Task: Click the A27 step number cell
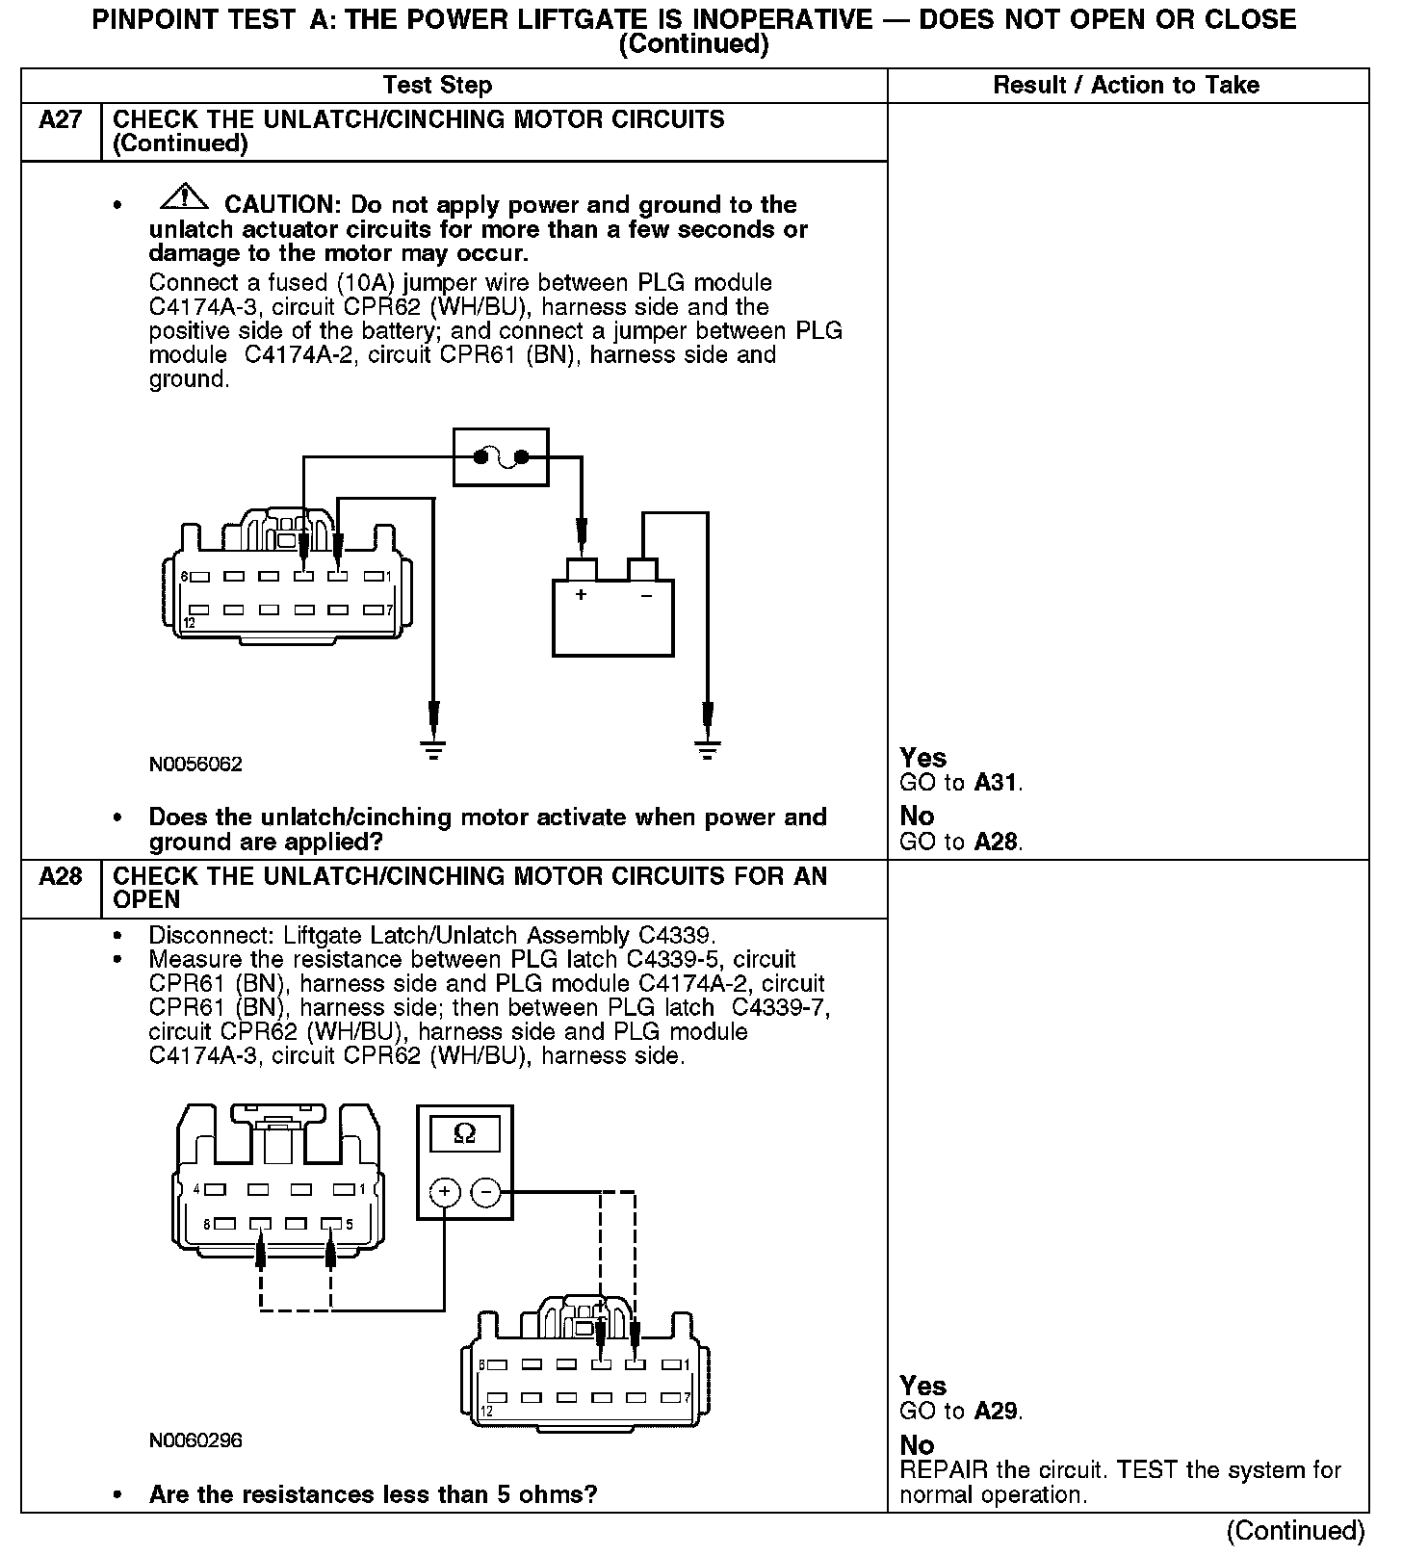click(60, 120)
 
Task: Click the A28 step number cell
click(60, 877)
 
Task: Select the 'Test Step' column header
click(437, 85)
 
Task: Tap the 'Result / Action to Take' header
click(1126, 85)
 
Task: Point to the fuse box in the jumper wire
click(501, 457)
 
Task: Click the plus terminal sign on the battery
click(581, 595)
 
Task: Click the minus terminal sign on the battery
click(646, 595)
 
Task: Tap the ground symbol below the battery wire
click(708, 750)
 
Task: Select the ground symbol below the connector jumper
click(434, 750)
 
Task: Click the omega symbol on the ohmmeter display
click(464, 1134)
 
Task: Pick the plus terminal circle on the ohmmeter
click(444, 1192)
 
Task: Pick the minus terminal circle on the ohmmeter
click(485, 1192)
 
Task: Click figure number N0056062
click(195, 765)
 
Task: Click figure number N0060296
click(195, 1440)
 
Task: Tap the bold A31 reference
click(995, 783)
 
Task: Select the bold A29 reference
click(995, 1412)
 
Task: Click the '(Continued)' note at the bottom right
click(1296, 1531)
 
